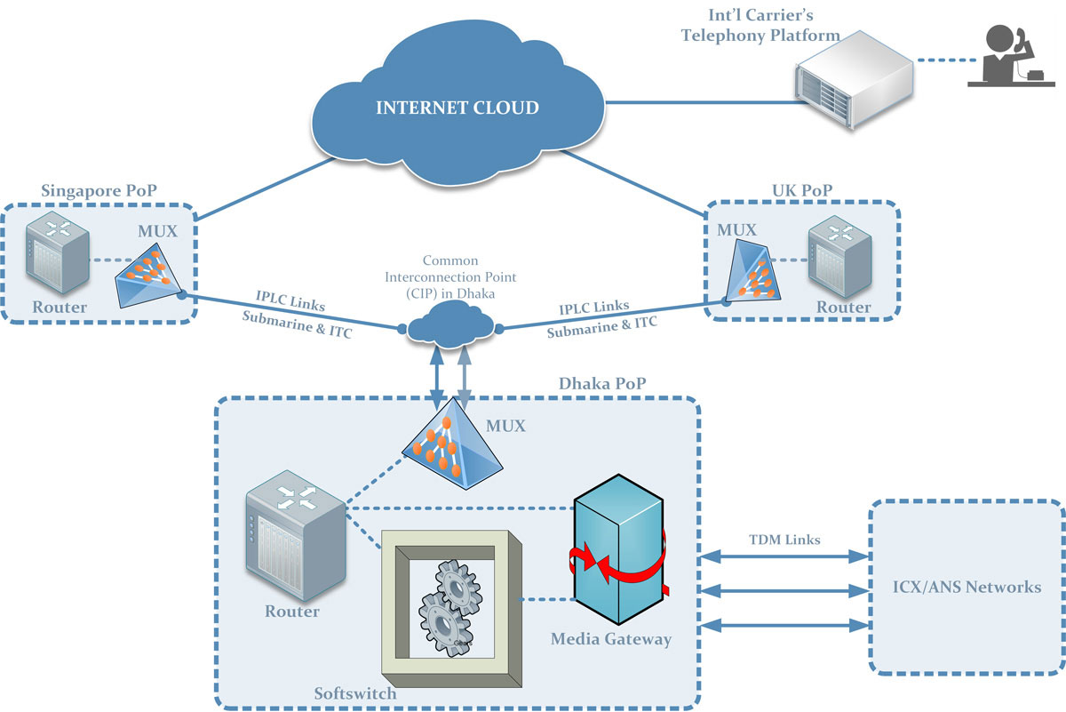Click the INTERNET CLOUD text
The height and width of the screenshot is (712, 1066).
pyautogui.click(x=457, y=108)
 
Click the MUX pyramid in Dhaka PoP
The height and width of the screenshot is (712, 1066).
pyautogui.click(x=448, y=439)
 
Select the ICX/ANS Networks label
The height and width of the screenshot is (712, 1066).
pyautogui.click(x=967, y=588)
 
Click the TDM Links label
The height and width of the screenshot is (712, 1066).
pyautogui.click(x=784, y=539)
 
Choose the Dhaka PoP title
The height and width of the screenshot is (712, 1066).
pyautogui.click(x=602, y=385)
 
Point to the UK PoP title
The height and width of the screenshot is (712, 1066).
pyautogui.click(x=802, y=191)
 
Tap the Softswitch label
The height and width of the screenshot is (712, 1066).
pyautogui.click(x=355, y=692)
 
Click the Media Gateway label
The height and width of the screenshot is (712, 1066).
pyautogui.click(x=611, y=638)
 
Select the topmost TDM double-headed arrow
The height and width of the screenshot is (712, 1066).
pyautogui.click(x=783, y=557)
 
